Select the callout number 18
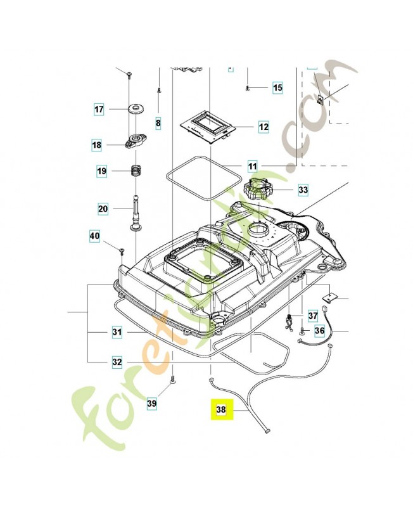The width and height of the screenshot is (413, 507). click(96, 145)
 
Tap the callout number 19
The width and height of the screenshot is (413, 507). click(101, 171)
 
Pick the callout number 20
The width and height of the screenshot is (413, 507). click(103, 208)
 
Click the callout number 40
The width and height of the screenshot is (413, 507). click(94, 237)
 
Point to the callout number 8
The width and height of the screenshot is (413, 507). click(158, 122)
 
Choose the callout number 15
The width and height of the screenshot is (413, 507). click(277, 87)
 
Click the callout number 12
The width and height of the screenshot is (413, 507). click(264, 127)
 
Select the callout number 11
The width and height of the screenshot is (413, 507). click(253, 167)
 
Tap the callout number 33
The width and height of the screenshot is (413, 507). click(303, 189)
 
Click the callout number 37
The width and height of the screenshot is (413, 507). click(312, 315)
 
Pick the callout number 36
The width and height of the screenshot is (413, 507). click(319, 330)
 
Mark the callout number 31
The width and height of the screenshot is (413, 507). click(117, 331)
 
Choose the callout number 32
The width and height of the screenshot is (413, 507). click(117, 363)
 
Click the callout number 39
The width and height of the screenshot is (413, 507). click(151, 403)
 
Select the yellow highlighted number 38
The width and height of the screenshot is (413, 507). click(220, 410)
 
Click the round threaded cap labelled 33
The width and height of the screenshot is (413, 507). click(259, 190)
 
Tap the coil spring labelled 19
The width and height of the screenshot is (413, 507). click(136, 171)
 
